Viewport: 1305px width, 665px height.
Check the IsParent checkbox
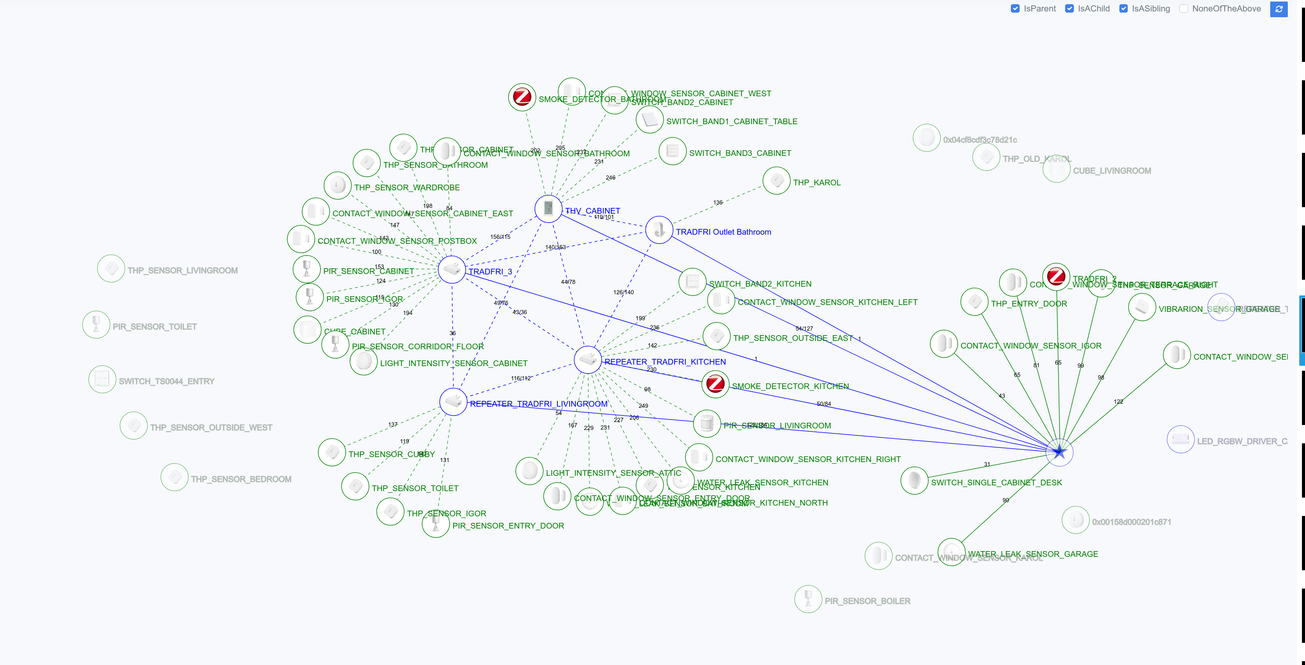[x=1015, y=9]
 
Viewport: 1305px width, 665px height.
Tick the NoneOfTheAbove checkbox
[x=1184, y=9]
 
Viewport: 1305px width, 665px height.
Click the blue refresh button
[x=1279, y=9]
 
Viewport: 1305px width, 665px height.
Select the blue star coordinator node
[x=1059, y=452]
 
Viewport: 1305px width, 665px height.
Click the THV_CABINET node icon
[x=548, y=208]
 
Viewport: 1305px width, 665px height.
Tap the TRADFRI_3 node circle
[x=452, y=269]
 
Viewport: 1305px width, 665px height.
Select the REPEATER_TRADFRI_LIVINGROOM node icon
[x=453, y=402]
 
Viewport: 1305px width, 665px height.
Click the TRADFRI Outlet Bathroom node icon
[x=659, y=230]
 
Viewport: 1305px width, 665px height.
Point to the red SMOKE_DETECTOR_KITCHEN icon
[x=715, y=384]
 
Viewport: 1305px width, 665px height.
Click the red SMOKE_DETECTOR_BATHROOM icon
[x=522, y=97]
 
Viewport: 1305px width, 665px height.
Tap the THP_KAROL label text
[x=817, y=182]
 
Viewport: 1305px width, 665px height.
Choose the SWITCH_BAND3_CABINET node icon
[x=673, y=151]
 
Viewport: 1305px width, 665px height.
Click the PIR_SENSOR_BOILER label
[x=867, y=601]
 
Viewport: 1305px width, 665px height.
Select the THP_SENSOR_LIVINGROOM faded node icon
[x=111, y=269]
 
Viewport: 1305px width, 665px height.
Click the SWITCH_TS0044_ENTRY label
[x=167, y=381]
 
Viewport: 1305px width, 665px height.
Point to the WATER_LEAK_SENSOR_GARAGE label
[x=1033, y=554]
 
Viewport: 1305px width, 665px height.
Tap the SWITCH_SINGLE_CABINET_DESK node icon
[x=915, y=480]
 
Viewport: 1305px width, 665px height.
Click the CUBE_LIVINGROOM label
[x=1112, y=171]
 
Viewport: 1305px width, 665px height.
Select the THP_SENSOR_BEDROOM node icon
[x=174, y=477]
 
